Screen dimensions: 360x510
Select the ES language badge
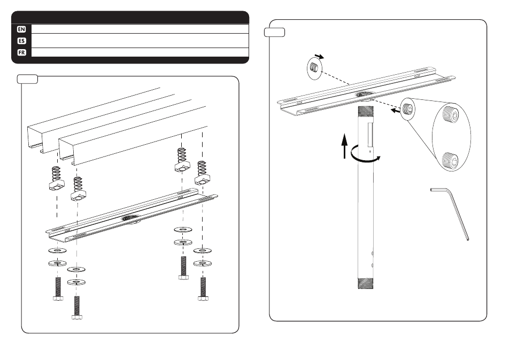(x=21, y=41)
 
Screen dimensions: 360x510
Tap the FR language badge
(x=21, y=52)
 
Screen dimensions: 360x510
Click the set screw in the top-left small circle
(x=313, y=67)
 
